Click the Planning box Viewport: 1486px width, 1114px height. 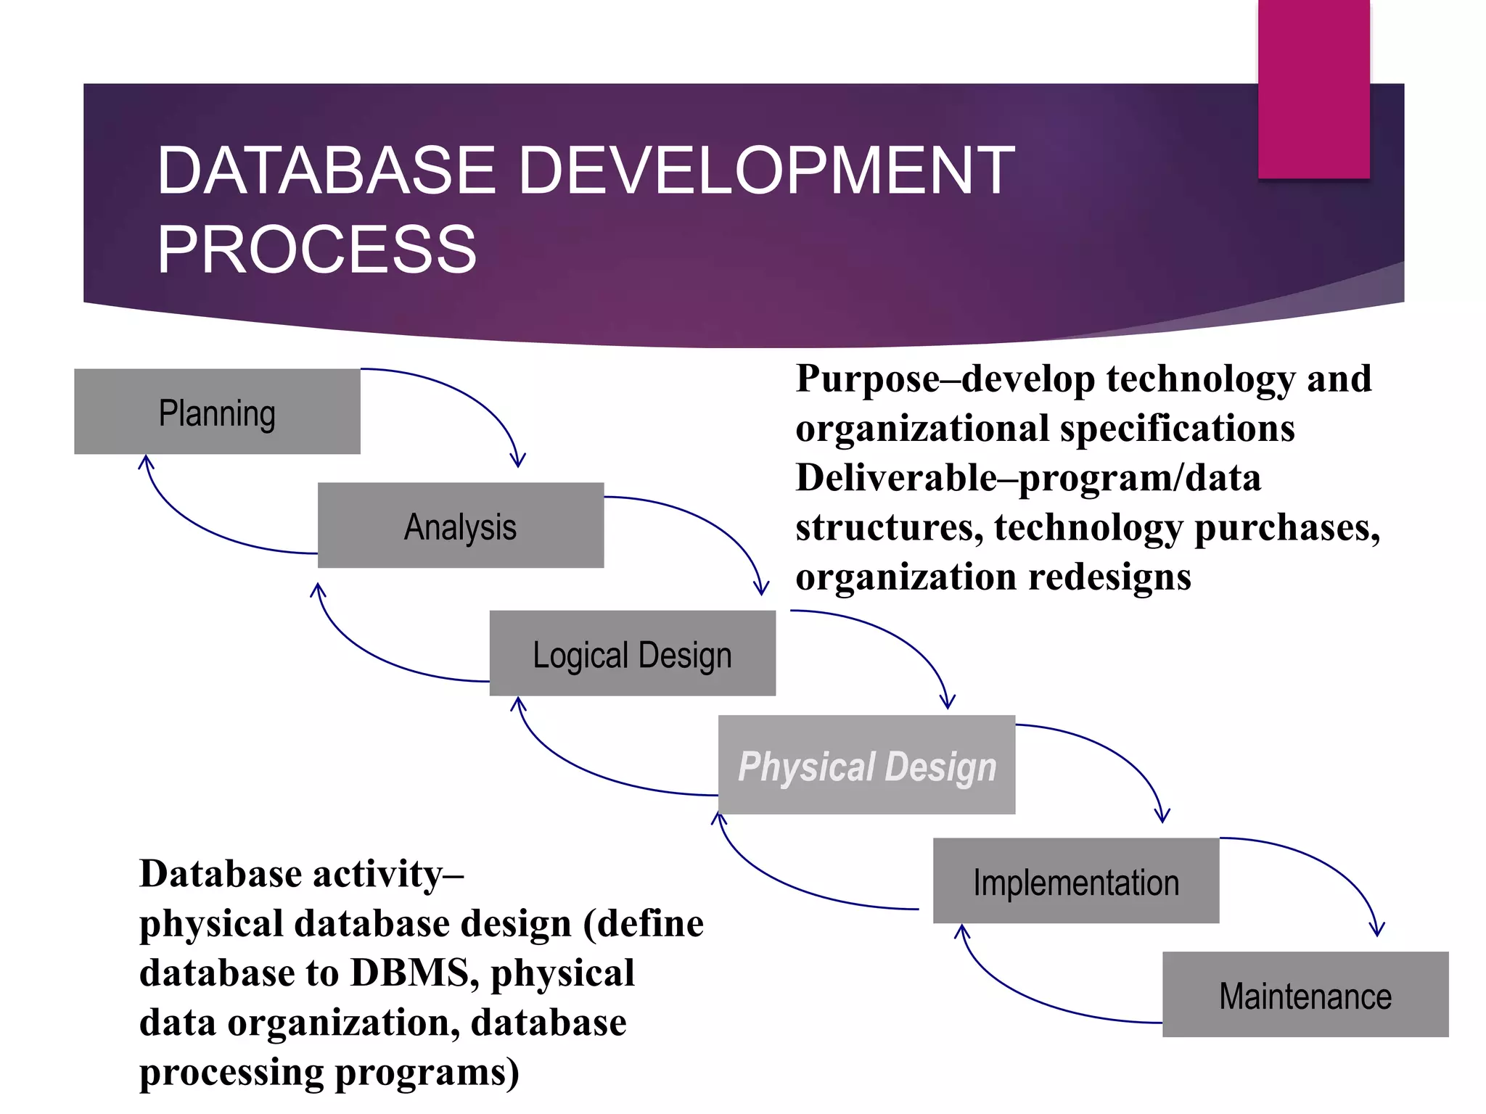click(x=217, y=412)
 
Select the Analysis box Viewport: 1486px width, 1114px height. click(x=461, y=526)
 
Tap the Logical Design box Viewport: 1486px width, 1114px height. click(x=632, y=653)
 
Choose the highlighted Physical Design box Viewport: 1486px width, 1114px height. click(x=866, y=765)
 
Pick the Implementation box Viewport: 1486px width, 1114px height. click(x=1076, y=881)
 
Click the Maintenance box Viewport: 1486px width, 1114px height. click(x=1305, y=995)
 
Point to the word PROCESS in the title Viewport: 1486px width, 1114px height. click(x=317, y=249)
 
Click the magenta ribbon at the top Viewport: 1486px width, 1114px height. click(x=1313, y=87)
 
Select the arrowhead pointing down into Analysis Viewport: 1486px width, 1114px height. click(x=517, y=461)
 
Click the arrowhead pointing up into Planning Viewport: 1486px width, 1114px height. click(x=146, y=461)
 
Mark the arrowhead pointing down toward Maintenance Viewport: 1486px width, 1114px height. click(x=1376, y=929)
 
